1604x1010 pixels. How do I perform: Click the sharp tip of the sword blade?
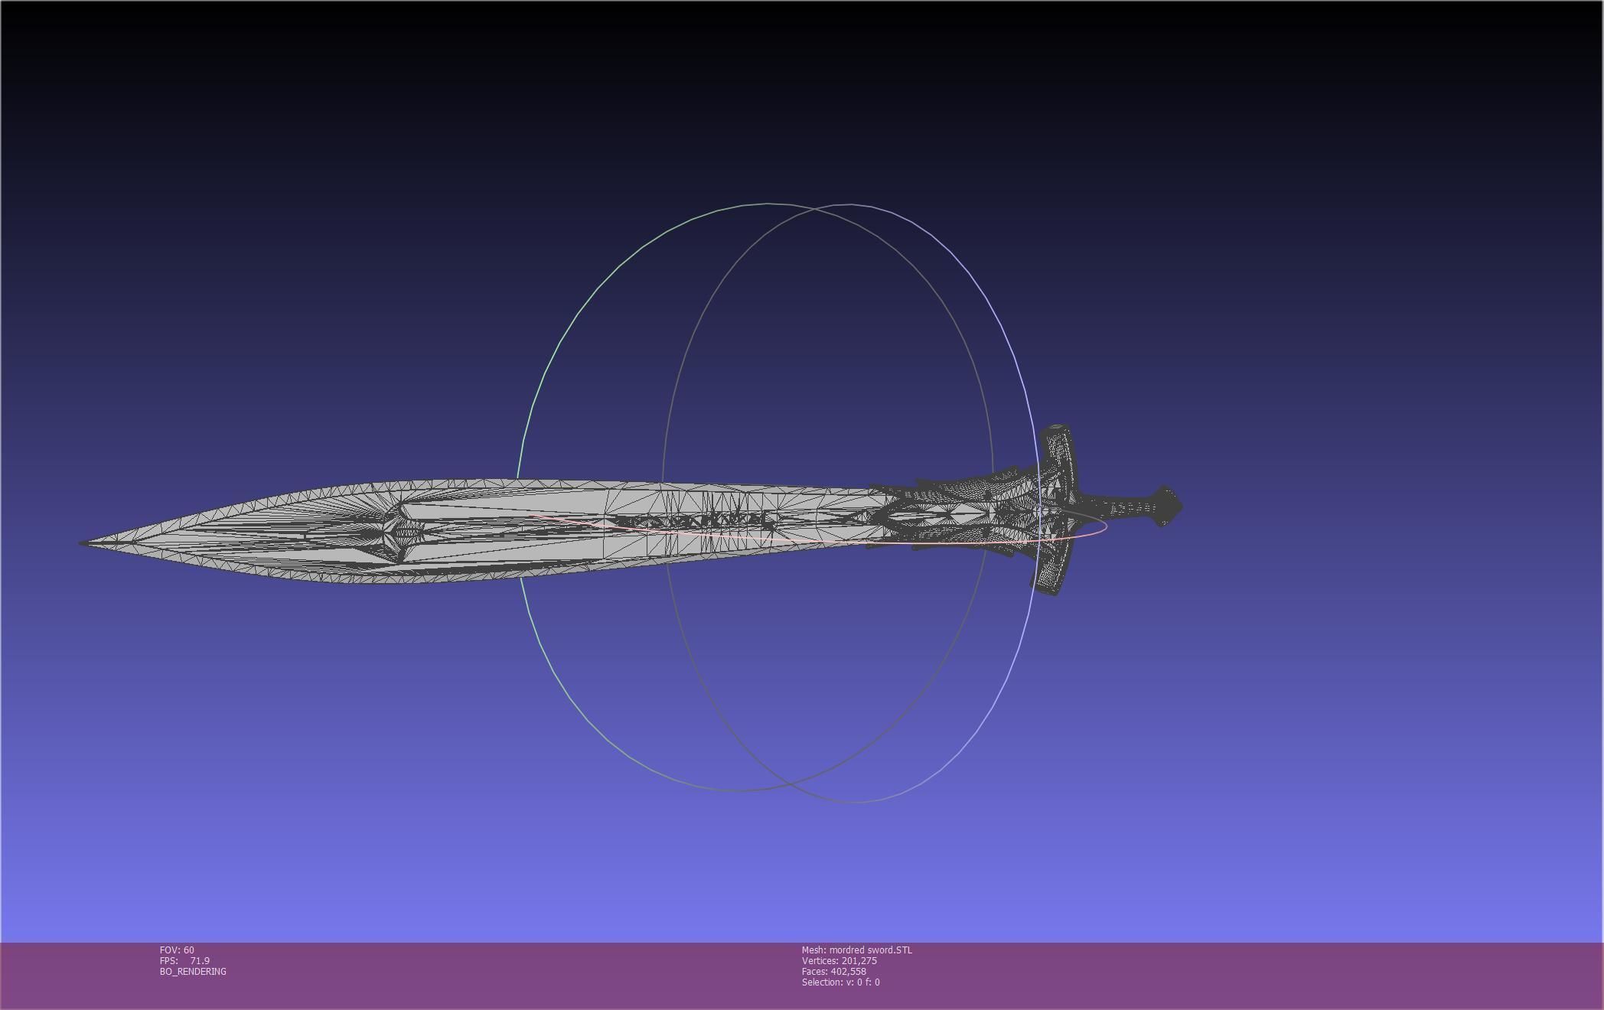tap(81, 543)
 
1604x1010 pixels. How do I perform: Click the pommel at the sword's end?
tap(1168, 507)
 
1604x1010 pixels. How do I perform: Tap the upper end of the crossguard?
tap(1058, 431)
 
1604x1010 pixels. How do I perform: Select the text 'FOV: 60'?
tap(177, 950)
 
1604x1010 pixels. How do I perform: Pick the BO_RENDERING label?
tap(193, 972)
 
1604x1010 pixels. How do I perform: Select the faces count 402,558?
tap(848, 972)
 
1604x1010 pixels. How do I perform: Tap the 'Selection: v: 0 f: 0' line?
tap(840, 982)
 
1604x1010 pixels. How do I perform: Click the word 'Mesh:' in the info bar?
tap(813, 950)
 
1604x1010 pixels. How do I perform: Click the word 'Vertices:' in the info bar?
tap(820, 961)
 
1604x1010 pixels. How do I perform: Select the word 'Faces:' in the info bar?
tap(814, 972)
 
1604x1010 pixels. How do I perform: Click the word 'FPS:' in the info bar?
tap(168, 961)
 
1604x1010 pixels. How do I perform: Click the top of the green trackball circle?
tap(768, 204)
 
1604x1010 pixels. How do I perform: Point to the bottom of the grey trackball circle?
tap(853, 803)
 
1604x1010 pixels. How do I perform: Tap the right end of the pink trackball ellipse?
tap(1107, 526)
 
